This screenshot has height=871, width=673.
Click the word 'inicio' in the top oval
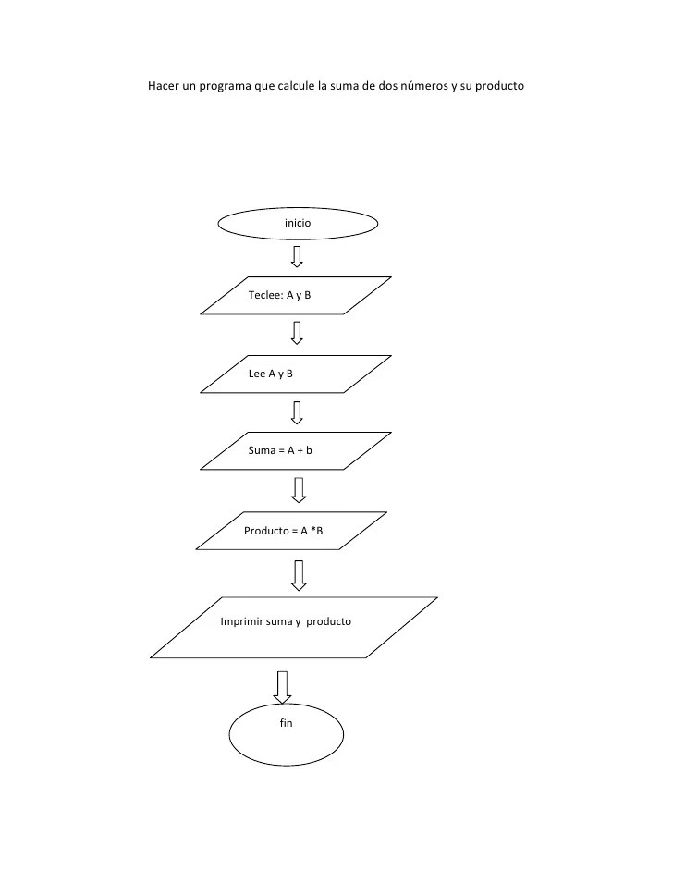click(x=298, y=224)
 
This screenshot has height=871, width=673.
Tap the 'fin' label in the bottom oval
click(x=286, y=723)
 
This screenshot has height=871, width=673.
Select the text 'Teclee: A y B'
click(x=279, y=296)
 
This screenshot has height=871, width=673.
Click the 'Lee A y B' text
click(x=271, y=374)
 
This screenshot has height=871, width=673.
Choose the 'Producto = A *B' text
click(x=283, y=531)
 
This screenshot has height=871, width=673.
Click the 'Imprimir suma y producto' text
click(x=286, y=621)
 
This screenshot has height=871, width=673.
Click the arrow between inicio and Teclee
click(x=297, y=256)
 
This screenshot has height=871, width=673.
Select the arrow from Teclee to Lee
click(x=297, y=333)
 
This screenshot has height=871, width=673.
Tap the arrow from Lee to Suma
click(x=297, y=411)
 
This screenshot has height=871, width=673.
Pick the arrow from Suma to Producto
click(x=298, y=489)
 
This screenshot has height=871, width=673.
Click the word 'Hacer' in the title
click(x=164, y=87)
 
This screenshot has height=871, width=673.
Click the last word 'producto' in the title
click(x=499, y=87)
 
